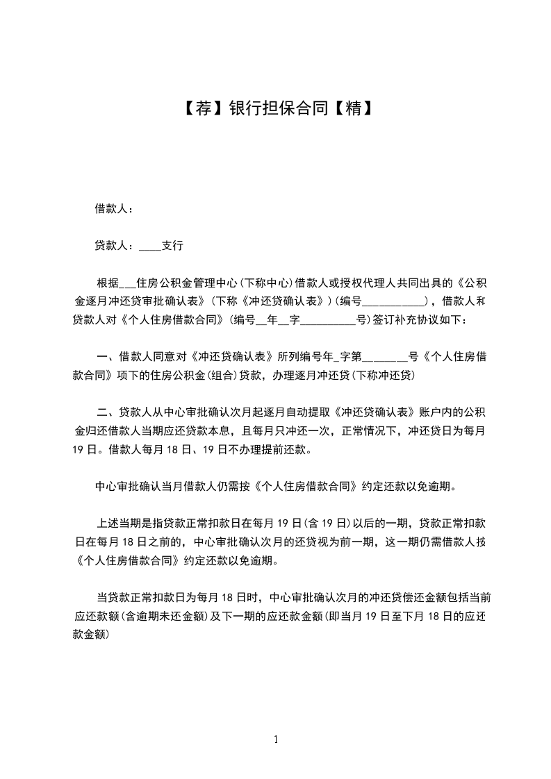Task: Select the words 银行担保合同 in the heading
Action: pos(276,108)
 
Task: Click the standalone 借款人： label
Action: pos(114,208)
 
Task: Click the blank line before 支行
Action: pos(149,246)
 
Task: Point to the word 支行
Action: pos(172,246)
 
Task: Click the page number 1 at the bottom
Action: pos(276,739)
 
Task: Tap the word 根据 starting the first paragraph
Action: pos(108,283)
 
